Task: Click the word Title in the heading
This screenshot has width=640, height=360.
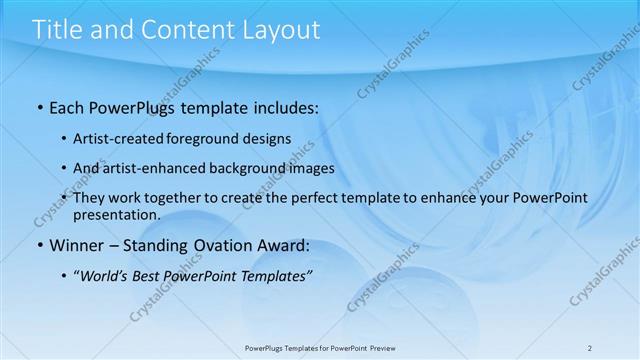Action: [58, 30]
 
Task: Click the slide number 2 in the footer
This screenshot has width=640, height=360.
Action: [590, 347]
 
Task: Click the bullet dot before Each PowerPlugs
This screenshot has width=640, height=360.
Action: [39, 106]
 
